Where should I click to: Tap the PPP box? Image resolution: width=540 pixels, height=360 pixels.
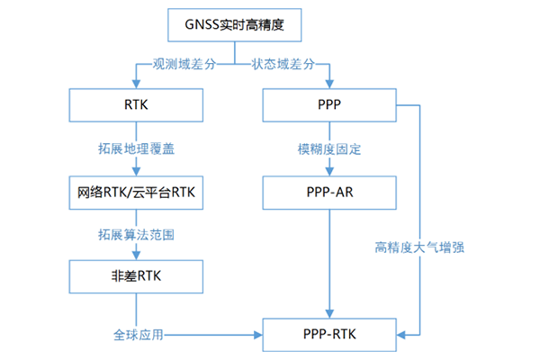(330, 105)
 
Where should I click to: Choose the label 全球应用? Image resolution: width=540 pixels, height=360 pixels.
(137, 335)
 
